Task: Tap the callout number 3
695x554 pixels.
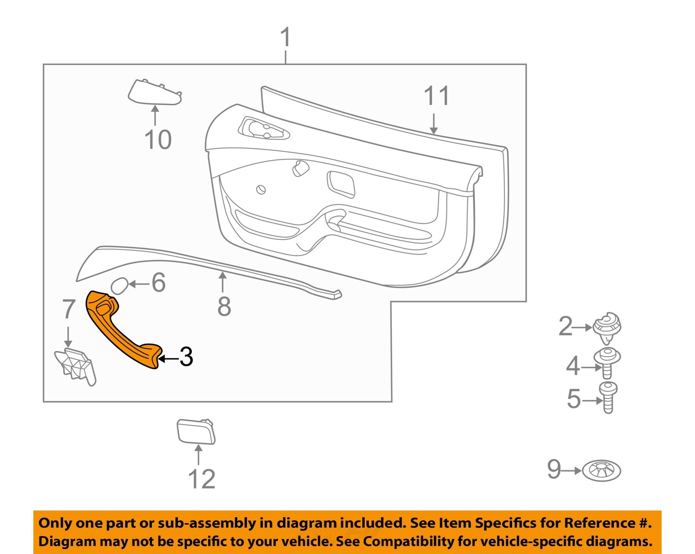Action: tap(186, 357)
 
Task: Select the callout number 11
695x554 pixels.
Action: tap(436, 96)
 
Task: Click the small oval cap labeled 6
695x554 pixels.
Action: tap(119, 286)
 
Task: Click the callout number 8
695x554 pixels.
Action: tap(224, 306)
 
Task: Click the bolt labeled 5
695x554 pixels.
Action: tap(608, 397)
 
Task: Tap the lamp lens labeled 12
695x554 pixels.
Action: tap(196, 432)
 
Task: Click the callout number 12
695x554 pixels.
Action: tap(202, 479)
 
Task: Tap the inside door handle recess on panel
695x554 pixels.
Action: tap(263, 129)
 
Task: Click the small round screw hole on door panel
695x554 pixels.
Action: tap(261, 189)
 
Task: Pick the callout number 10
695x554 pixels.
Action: tap(158, 140)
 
